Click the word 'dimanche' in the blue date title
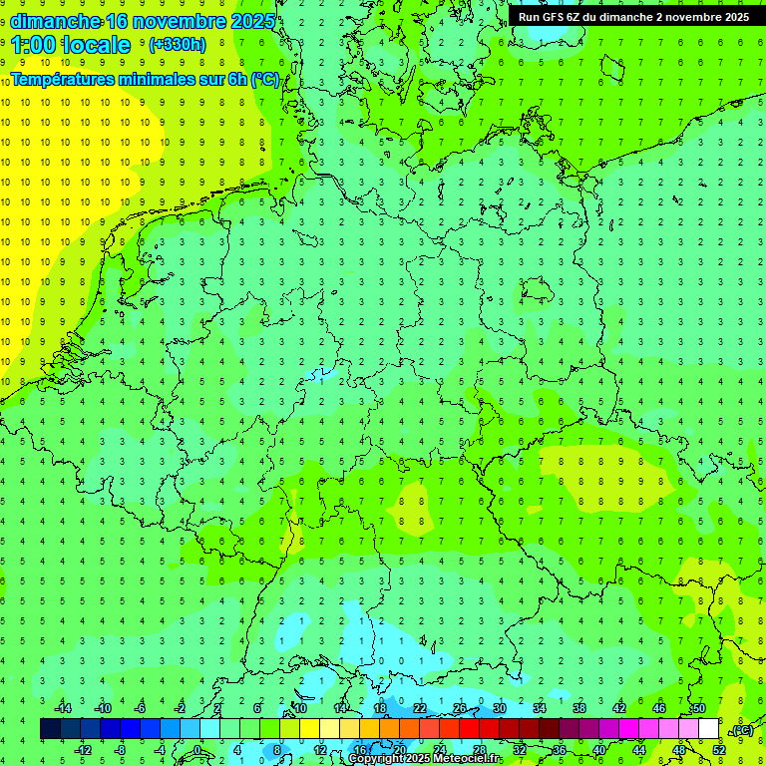pos(56,21)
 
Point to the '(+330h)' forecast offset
pos(178,45)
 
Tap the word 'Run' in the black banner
pos(530,17)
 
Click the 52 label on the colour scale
pos(719,750)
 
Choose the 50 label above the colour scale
pos(698,708)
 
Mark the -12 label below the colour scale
pos(83,750)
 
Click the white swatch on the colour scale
pos(708,729)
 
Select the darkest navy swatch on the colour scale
pos(50,729)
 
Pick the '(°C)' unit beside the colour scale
pos(742,730)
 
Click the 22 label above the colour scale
pos(420,708)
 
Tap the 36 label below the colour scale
pos(560,750)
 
